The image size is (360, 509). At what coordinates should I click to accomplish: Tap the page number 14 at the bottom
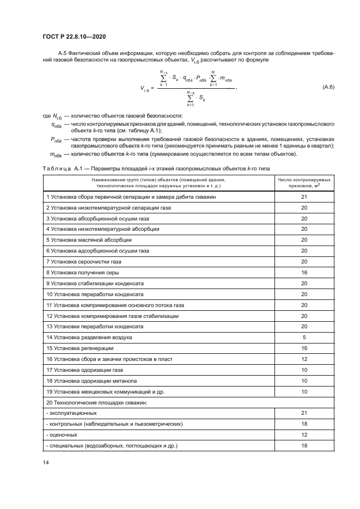(45, 462)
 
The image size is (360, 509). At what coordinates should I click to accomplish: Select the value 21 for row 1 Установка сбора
(304, 197)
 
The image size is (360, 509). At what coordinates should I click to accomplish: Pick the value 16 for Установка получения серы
(304, 272)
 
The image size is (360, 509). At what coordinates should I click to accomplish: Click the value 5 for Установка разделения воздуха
(304, 337)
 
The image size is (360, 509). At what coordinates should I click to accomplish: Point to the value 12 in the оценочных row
(304, 435)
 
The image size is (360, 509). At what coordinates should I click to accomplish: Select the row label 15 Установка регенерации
(80, 348)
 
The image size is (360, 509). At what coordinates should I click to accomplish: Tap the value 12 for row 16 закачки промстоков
(304, 359)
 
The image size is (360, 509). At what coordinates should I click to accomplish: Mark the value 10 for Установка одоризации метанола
(304, 381)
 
